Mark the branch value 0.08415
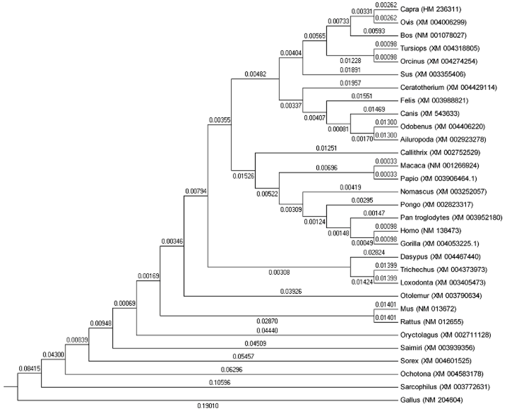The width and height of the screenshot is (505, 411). [x=29, y=368]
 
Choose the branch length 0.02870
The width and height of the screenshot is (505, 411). [x=267, y=321]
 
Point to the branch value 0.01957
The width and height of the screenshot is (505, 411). [x=350, y=82]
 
